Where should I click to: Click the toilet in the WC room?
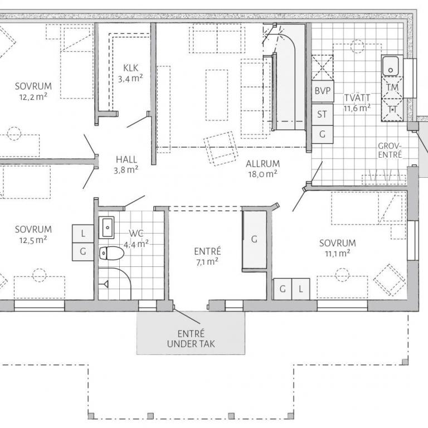111,254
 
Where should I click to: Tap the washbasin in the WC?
106,227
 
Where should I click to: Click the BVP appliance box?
322,91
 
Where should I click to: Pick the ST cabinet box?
322,114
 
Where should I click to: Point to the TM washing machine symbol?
392,87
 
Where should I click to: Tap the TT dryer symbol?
392,109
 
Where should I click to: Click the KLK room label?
131,67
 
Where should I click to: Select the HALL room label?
126,159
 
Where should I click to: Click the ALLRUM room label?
262,164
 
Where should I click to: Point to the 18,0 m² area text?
262,174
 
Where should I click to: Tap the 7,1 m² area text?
207,262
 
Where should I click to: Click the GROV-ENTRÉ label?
390,150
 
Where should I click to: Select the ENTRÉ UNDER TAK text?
191,339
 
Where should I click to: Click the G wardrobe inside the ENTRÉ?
254,240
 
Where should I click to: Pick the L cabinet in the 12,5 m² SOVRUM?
83,234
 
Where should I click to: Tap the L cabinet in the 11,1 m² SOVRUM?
300,289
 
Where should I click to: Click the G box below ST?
322,134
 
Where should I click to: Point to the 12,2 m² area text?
33,96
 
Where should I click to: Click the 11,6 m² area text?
357,108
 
